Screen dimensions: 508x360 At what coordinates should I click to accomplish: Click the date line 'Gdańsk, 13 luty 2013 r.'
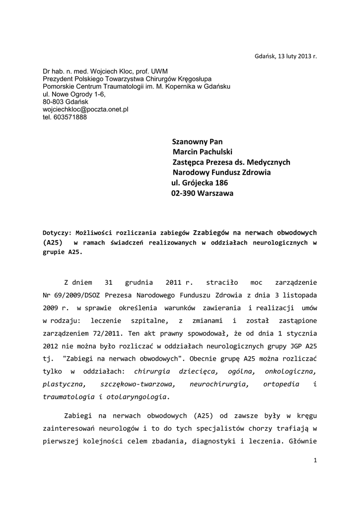click(x=285, y=56)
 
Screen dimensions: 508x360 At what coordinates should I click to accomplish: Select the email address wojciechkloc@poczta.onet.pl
click(x=85, y=109)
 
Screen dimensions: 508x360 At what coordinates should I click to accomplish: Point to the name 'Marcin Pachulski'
click(x=203, y=152)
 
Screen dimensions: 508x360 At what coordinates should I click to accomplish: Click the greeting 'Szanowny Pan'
click(x=197, y=141)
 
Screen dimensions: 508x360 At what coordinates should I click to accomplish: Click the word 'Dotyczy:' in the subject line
click(x=57, y=232)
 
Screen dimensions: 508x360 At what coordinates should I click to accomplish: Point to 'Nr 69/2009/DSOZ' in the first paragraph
click(x=73, y=295)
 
